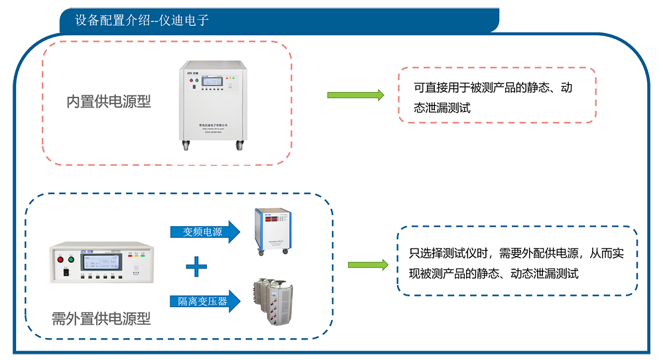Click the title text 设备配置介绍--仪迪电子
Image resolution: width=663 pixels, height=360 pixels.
click(x=142, y=21)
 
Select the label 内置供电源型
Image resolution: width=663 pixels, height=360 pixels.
click(x=109, y=101)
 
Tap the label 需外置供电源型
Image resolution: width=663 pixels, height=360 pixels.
click(x=101, y=319)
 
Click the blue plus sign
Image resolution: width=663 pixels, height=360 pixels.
click(x=196, y=267)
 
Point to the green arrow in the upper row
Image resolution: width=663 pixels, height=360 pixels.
click(x=355, y=95)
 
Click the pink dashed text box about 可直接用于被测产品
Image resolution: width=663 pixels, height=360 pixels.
click(x=497, y=95)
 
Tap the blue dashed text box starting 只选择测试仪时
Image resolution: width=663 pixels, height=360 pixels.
click(x=517, y=261)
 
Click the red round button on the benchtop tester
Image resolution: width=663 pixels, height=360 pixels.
click(x=62, y=259)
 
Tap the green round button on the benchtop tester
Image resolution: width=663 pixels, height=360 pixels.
click(x=72, y=259)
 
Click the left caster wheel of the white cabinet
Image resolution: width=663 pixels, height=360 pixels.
click(x=186, y=146)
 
